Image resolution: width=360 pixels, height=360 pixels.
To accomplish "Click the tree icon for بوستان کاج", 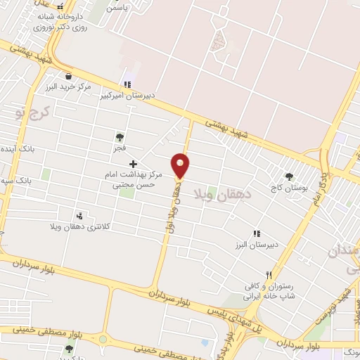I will click(x=288, y=176).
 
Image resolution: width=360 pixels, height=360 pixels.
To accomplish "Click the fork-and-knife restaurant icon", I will click(x=269, y=275).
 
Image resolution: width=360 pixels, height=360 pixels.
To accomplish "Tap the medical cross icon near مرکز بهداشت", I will click(x=133, y=163).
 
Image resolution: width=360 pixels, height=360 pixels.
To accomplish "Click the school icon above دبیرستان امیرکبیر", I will click(x=127, y=84).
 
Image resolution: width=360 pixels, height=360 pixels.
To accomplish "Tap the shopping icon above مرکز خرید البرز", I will click(x=68, y=75).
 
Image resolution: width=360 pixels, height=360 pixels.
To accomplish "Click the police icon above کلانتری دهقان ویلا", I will click(x=79, y=216).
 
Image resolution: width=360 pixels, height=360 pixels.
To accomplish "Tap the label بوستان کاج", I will click(x=288, y=188).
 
